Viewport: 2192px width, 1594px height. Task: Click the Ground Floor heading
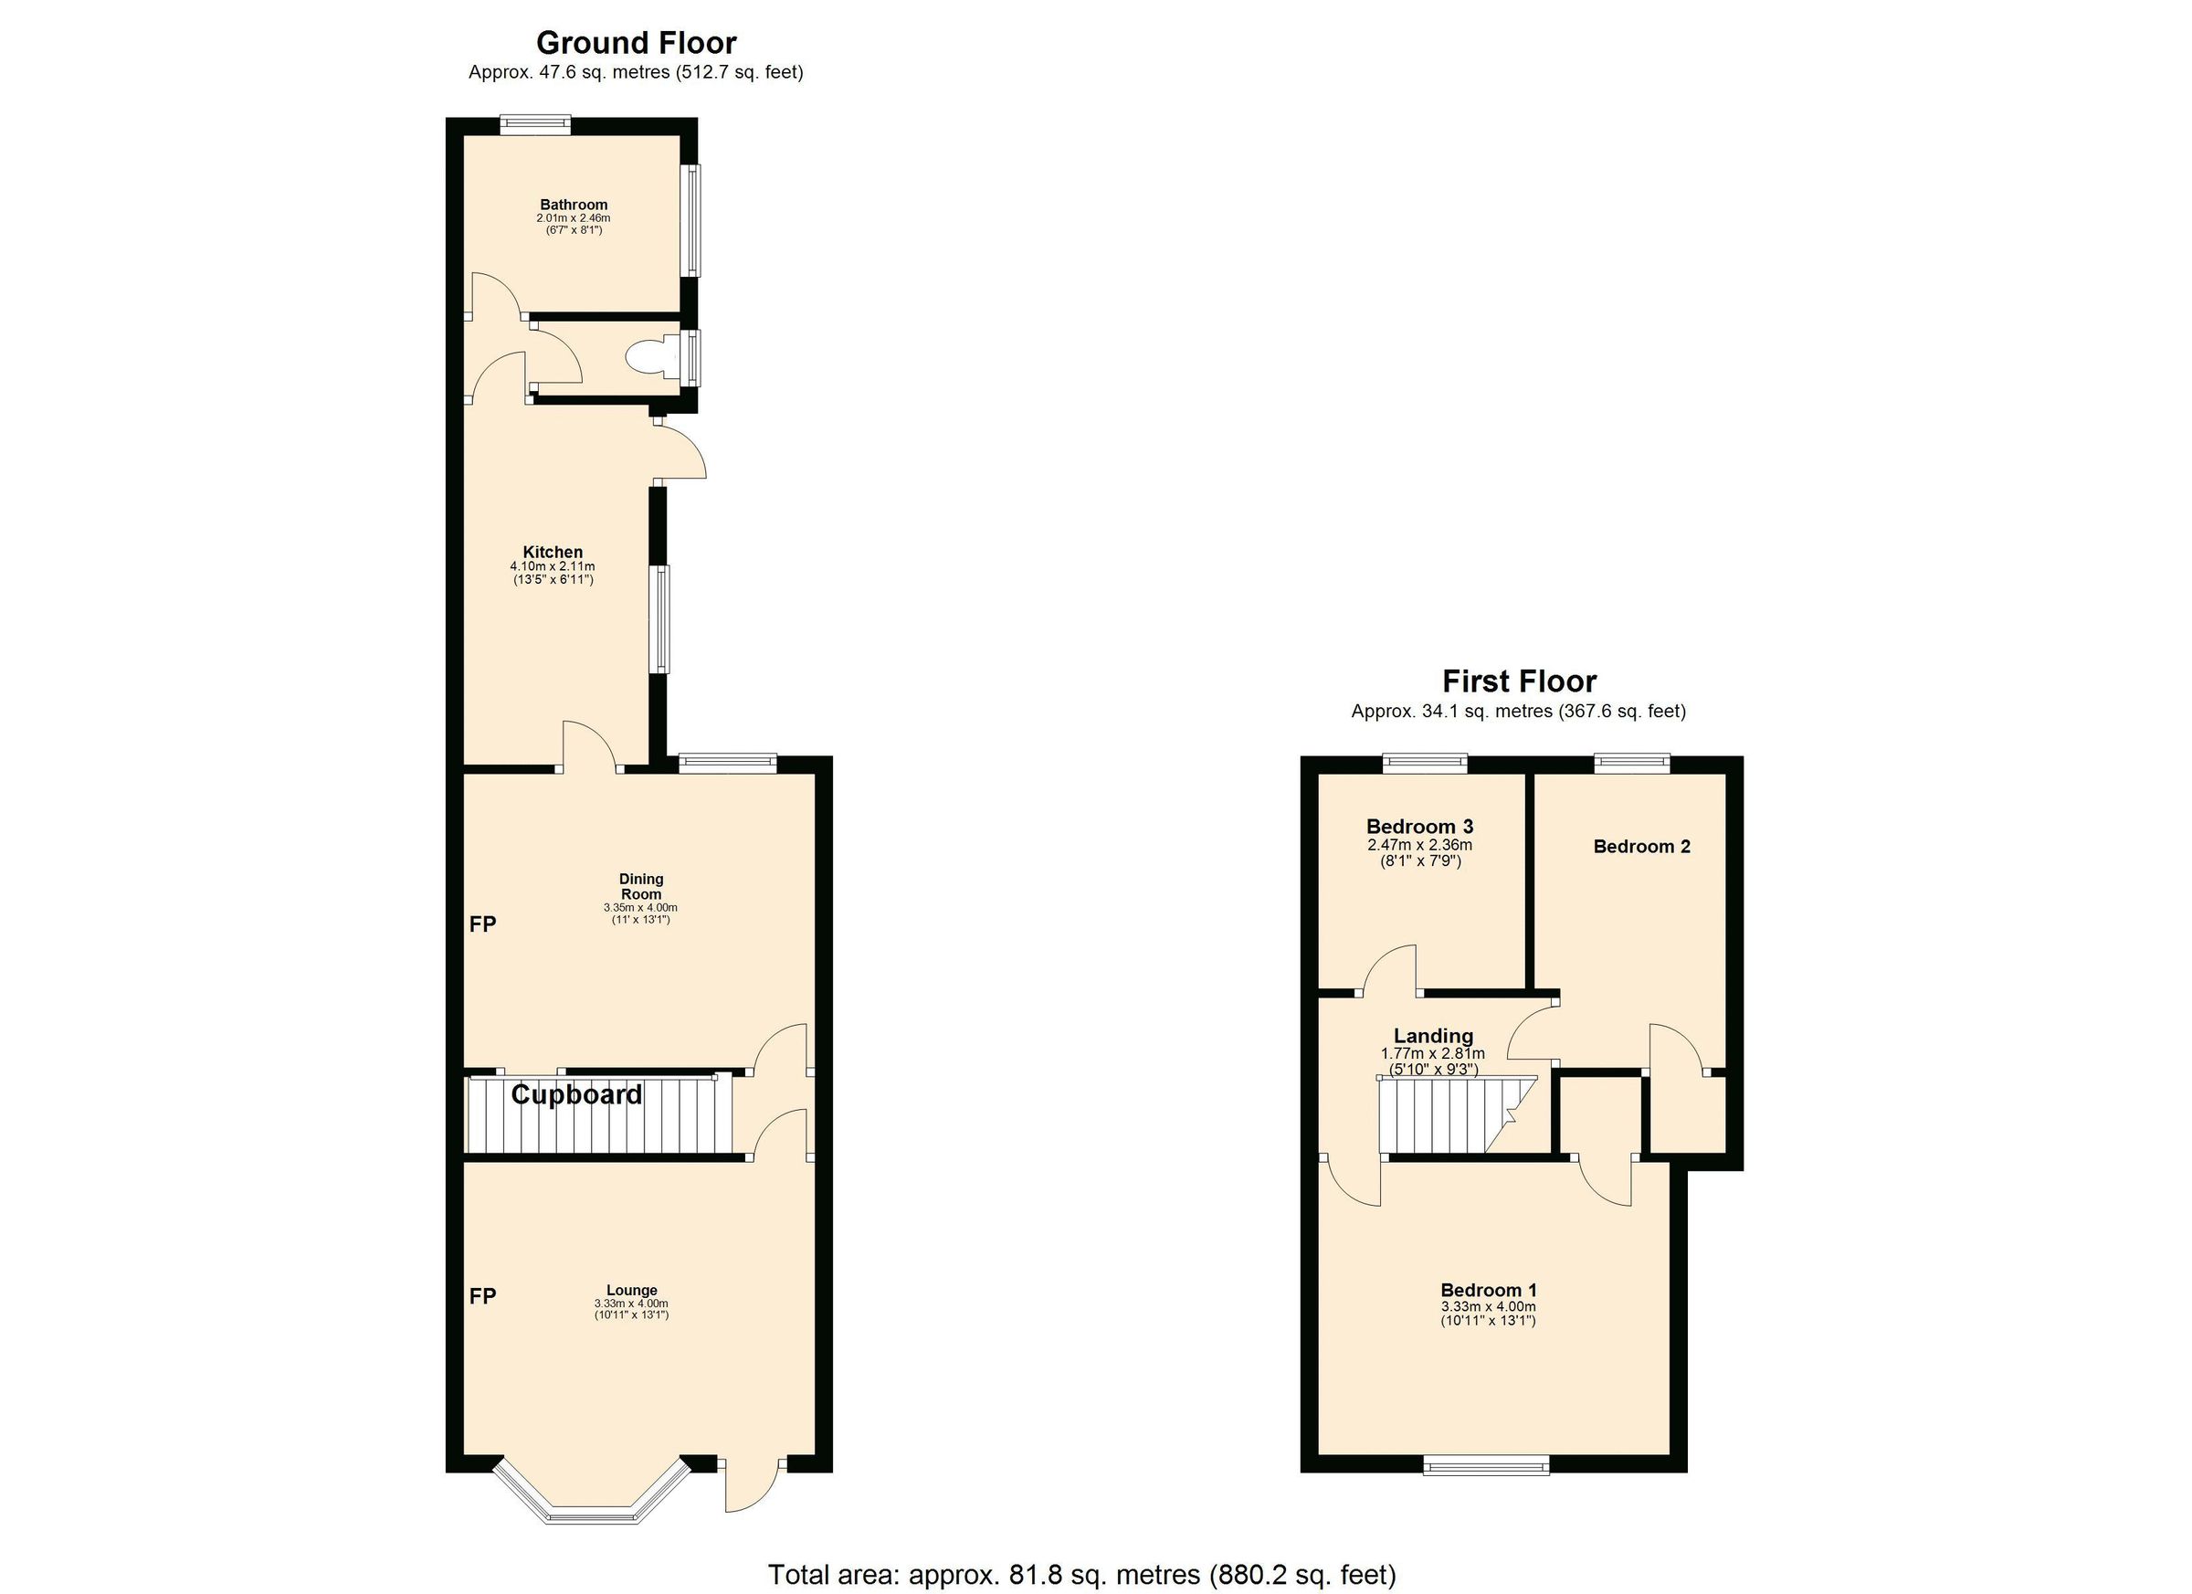[x=636, y=43]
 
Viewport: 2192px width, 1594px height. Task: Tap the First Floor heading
[x=1518, y=681]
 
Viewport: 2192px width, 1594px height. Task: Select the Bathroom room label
[x=574, y=205]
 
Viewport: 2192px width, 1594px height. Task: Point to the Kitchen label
[x=553, y=552]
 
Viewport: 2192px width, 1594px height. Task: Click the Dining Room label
[x=641, y=886]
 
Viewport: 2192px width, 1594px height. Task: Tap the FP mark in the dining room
[x=482, y=924]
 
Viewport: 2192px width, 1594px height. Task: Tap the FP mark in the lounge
[x=482, y=1296]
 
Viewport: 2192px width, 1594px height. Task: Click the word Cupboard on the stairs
[x=576, y=1095]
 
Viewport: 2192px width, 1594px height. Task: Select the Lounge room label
[x=632, y=1290]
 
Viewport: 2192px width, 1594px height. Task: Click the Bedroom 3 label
[x=1418, y=827]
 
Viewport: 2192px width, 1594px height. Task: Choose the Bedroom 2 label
[x=1641, y=847]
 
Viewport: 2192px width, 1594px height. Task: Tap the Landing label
[x=1432, y=1036]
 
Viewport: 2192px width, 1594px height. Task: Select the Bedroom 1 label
[x=1488, y=1290]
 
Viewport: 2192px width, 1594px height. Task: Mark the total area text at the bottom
[x=1081, y=1575]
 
